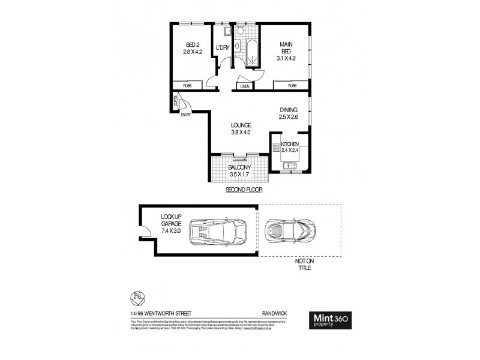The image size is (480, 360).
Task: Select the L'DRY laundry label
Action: point(223,47)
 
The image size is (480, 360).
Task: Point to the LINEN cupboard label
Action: point(244,86)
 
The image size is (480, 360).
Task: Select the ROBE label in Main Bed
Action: point(292,86)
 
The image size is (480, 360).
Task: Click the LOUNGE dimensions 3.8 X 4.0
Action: point(241,133)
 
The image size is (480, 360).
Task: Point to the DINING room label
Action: point(289,110)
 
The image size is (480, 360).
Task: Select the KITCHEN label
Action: point(290,145)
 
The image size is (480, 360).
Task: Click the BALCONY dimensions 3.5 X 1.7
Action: point(239,175)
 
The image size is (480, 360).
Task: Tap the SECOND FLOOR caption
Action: point(244,190)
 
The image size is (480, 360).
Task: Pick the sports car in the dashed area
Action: point(290,230)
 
